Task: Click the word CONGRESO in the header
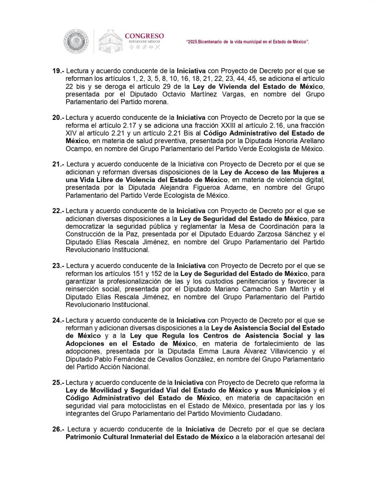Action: click(144, 36)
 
